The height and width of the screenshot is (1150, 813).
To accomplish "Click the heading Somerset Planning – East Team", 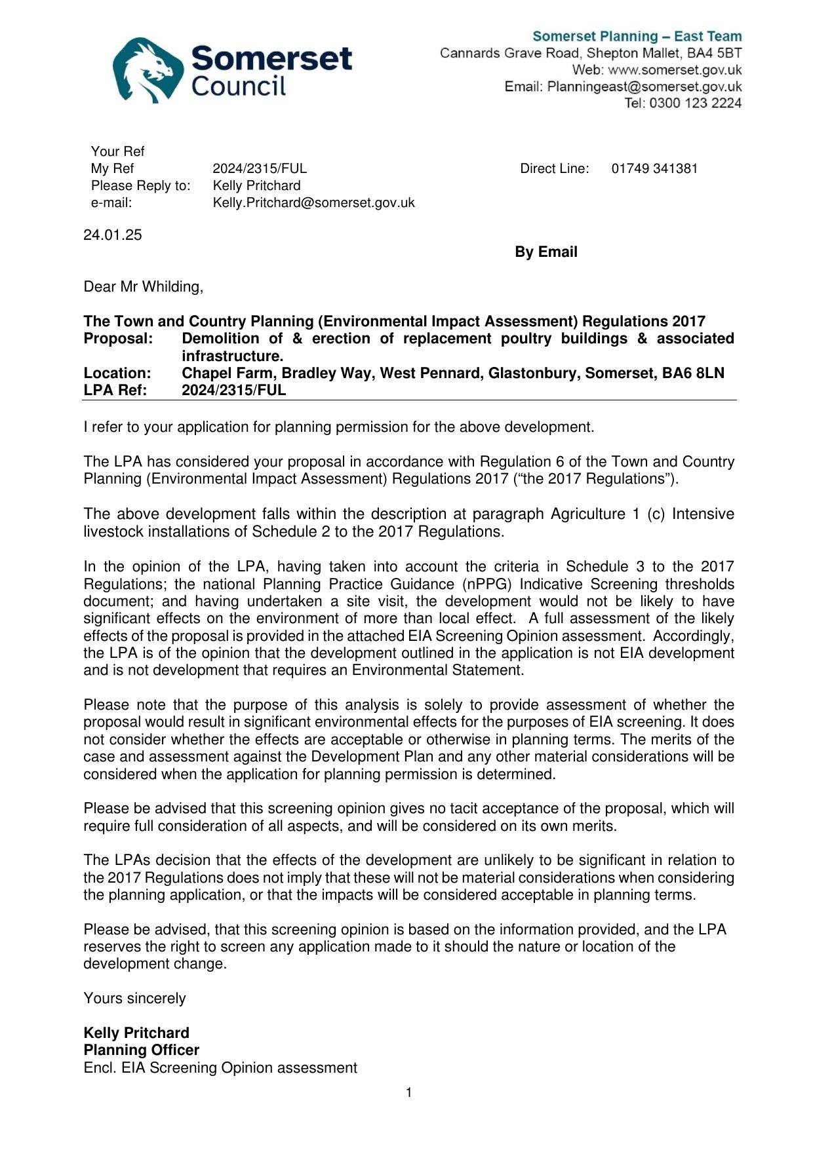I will (637, 37).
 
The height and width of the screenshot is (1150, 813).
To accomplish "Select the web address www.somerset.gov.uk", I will (675, 70).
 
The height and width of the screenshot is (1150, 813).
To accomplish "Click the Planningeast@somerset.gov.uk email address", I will (644, 86).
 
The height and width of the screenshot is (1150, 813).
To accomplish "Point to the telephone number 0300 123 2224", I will (695, 103).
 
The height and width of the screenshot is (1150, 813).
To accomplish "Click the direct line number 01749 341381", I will (654, 168).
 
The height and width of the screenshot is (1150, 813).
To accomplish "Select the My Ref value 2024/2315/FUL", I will (260, 168).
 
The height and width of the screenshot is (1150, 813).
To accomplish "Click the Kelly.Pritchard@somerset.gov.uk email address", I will (313, 202).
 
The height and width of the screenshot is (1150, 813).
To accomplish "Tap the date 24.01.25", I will (113, 235).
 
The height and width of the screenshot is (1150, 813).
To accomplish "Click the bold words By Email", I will (545, 252).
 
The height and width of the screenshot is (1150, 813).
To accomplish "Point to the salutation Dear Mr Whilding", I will (143, 287).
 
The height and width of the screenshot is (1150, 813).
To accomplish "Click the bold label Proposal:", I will (118, 339).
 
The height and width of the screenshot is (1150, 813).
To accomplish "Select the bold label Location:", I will (117, 374).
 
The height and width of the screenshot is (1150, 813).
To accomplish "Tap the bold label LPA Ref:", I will (115, 391).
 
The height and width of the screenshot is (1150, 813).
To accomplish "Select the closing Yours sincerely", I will (134, 999).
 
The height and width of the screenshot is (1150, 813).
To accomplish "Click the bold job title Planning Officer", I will (142, 1050).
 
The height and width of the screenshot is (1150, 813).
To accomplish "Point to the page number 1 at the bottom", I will (409, 1092).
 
